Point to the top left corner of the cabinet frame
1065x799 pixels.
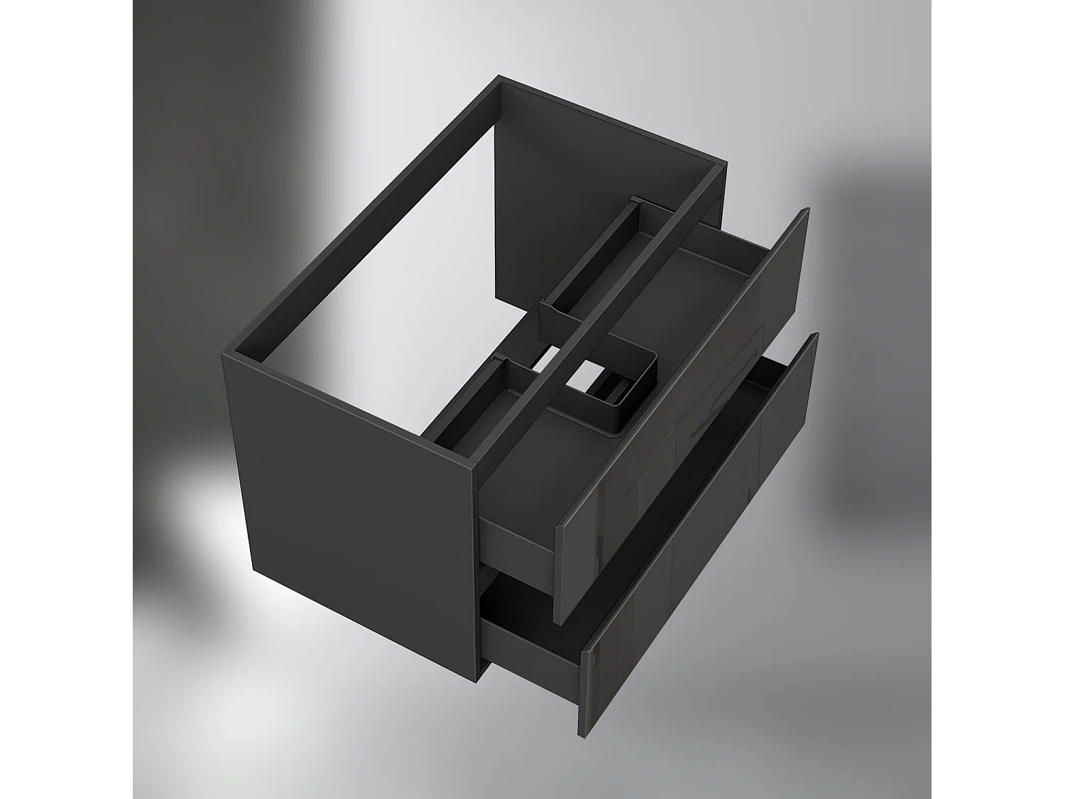(501, 77)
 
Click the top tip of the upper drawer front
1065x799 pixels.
(806, 211)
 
